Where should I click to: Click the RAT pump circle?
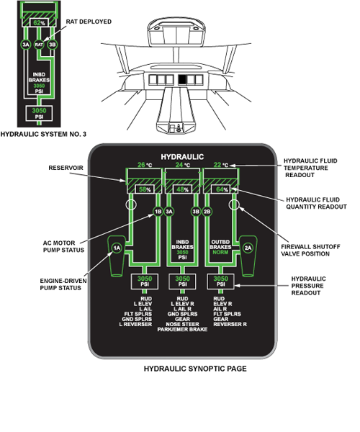click(x=39, y=45)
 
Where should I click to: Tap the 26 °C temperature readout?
click(x=145, y=165)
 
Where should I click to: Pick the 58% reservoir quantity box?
click(x=145, y=189)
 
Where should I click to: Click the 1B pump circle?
click(x=158, y=212)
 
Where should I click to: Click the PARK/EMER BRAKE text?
click(x=182, y=330)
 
